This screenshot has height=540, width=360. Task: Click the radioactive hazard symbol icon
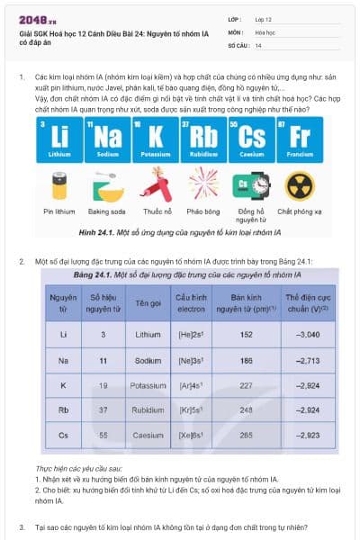click(x=299, y=185)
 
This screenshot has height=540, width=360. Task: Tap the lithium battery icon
click(x=60, y=185)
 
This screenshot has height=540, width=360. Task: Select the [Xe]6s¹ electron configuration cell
click(x=192, y=435)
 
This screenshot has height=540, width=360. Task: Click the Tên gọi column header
click(x=148, y=302)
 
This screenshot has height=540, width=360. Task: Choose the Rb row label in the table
click(x=63, y=409)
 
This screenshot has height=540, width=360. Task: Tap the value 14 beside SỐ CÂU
click(x=258, y=44)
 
